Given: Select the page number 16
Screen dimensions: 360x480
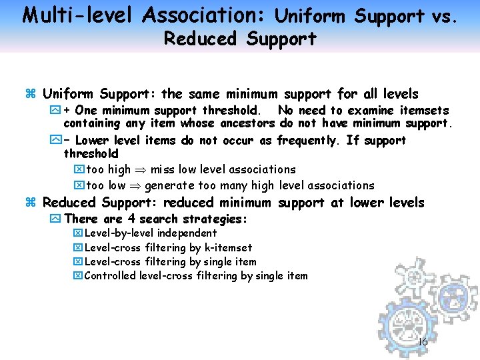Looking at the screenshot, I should (423, 343).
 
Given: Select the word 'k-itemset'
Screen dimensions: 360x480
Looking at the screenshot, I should (227, 247).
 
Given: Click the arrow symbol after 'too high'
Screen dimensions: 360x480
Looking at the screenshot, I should (141, 170).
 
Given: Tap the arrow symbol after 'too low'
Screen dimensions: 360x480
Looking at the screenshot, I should (135, 185).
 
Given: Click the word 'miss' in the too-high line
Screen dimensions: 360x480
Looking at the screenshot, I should (163, 169).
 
